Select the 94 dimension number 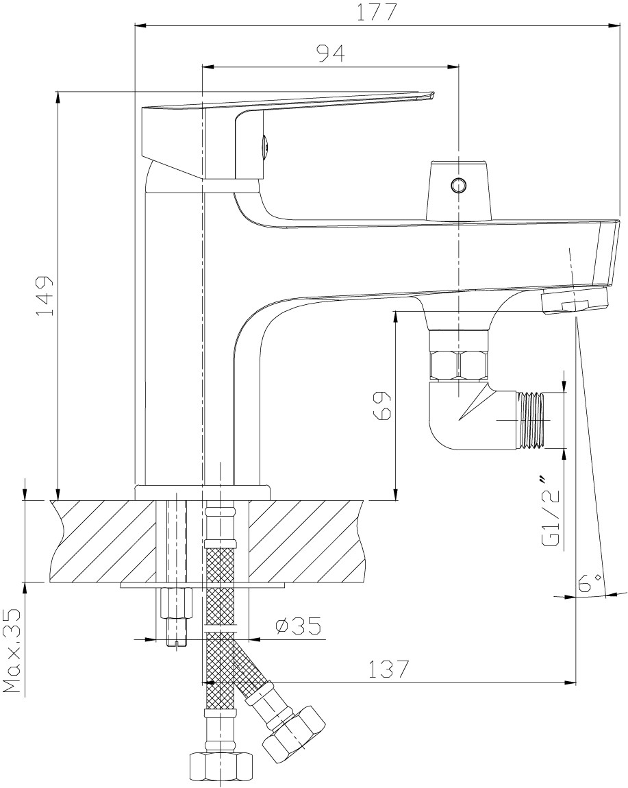click(330, 53)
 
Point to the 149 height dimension click(45, 296)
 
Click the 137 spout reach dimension click(388, 669)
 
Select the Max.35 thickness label click(12, 651)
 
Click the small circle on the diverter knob click(458, 186)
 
